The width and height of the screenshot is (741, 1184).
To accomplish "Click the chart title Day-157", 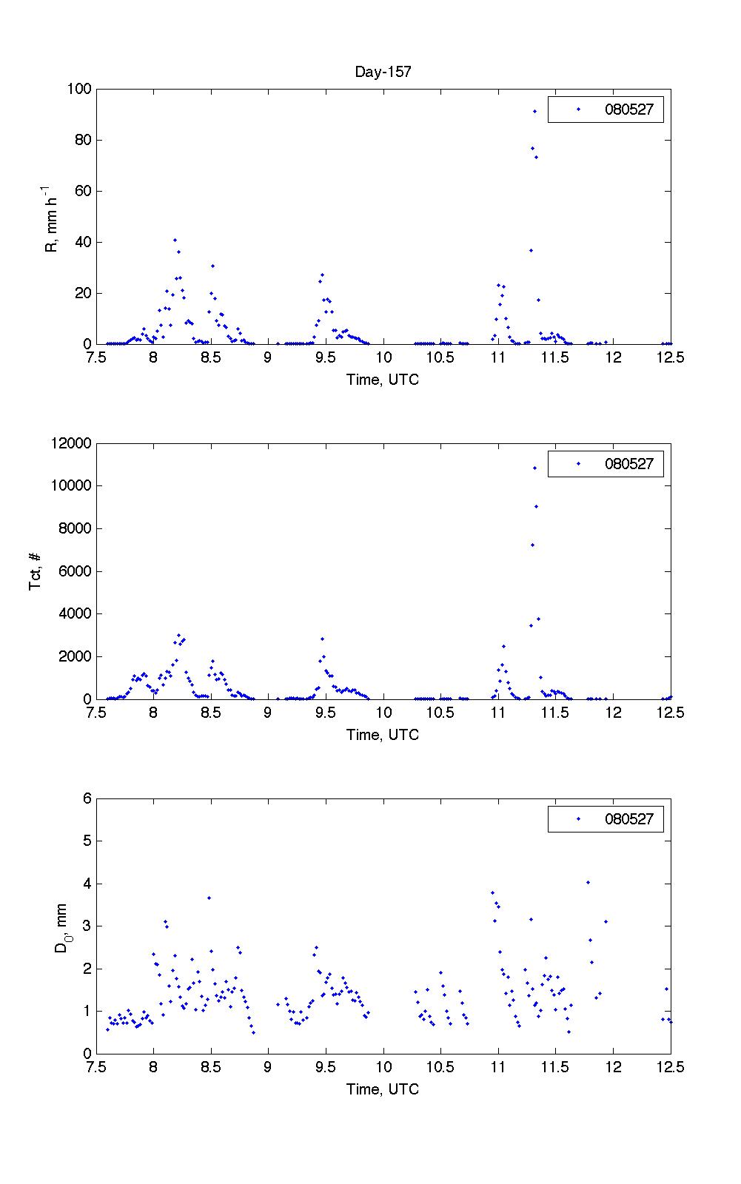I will (383, 72).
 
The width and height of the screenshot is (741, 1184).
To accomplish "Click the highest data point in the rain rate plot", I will (534, 111).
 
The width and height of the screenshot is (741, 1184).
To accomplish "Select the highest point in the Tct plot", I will (534, 468).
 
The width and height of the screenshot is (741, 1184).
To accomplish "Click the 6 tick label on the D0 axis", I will (87, 798).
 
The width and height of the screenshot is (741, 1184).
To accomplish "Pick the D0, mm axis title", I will (62, 926).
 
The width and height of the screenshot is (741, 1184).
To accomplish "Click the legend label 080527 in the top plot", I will (629, 110).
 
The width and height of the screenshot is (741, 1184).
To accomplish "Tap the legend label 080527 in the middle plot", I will (629, 464).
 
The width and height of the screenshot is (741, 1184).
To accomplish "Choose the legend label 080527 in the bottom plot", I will (629, 819).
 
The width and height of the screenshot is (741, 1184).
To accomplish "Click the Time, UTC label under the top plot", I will (383, 380).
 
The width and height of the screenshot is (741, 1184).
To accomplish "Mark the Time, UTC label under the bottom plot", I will (383, 1089).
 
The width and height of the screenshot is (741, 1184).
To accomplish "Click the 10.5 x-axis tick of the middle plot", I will (440, 713).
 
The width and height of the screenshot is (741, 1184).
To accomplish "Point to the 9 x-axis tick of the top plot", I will (268, 358).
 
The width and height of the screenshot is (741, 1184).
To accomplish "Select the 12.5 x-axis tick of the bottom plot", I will (670, 1067).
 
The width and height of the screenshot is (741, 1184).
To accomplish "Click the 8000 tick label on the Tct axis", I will (76, 528).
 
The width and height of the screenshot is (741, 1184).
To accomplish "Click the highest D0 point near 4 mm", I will (588, 882).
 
